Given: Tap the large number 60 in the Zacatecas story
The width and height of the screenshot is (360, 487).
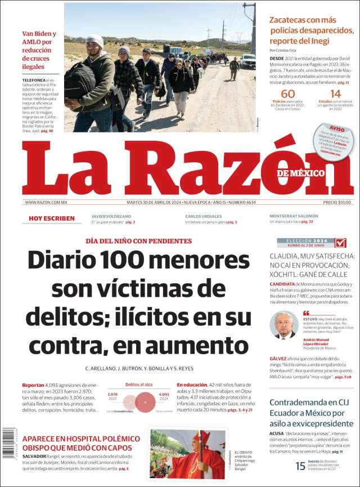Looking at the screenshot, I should (x=287, y=94).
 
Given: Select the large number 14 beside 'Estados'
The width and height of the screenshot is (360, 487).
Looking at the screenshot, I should (x=335, y=94).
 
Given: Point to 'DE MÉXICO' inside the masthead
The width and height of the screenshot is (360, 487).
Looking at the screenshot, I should (x=301, y=173).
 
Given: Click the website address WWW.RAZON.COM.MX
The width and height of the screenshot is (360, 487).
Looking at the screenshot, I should (x=46, y=203).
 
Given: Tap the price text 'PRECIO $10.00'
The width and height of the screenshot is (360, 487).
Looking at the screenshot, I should (x=337, y=203).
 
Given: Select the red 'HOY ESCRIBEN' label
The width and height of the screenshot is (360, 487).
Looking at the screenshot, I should (x=52, y=218).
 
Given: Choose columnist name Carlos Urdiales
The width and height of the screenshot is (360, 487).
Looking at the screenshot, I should (x=203, y=216).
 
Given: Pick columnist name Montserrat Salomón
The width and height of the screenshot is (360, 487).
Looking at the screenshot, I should (x=294, y=216).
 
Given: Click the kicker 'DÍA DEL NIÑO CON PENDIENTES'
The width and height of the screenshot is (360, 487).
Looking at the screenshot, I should (x=138, y=241).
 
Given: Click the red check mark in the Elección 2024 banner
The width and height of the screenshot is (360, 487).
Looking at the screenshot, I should (x=340, y=243).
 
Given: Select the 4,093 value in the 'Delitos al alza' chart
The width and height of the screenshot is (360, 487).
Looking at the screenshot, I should (x=164, y=395).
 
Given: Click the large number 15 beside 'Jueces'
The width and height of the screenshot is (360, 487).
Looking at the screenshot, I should (x=301, y=466).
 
